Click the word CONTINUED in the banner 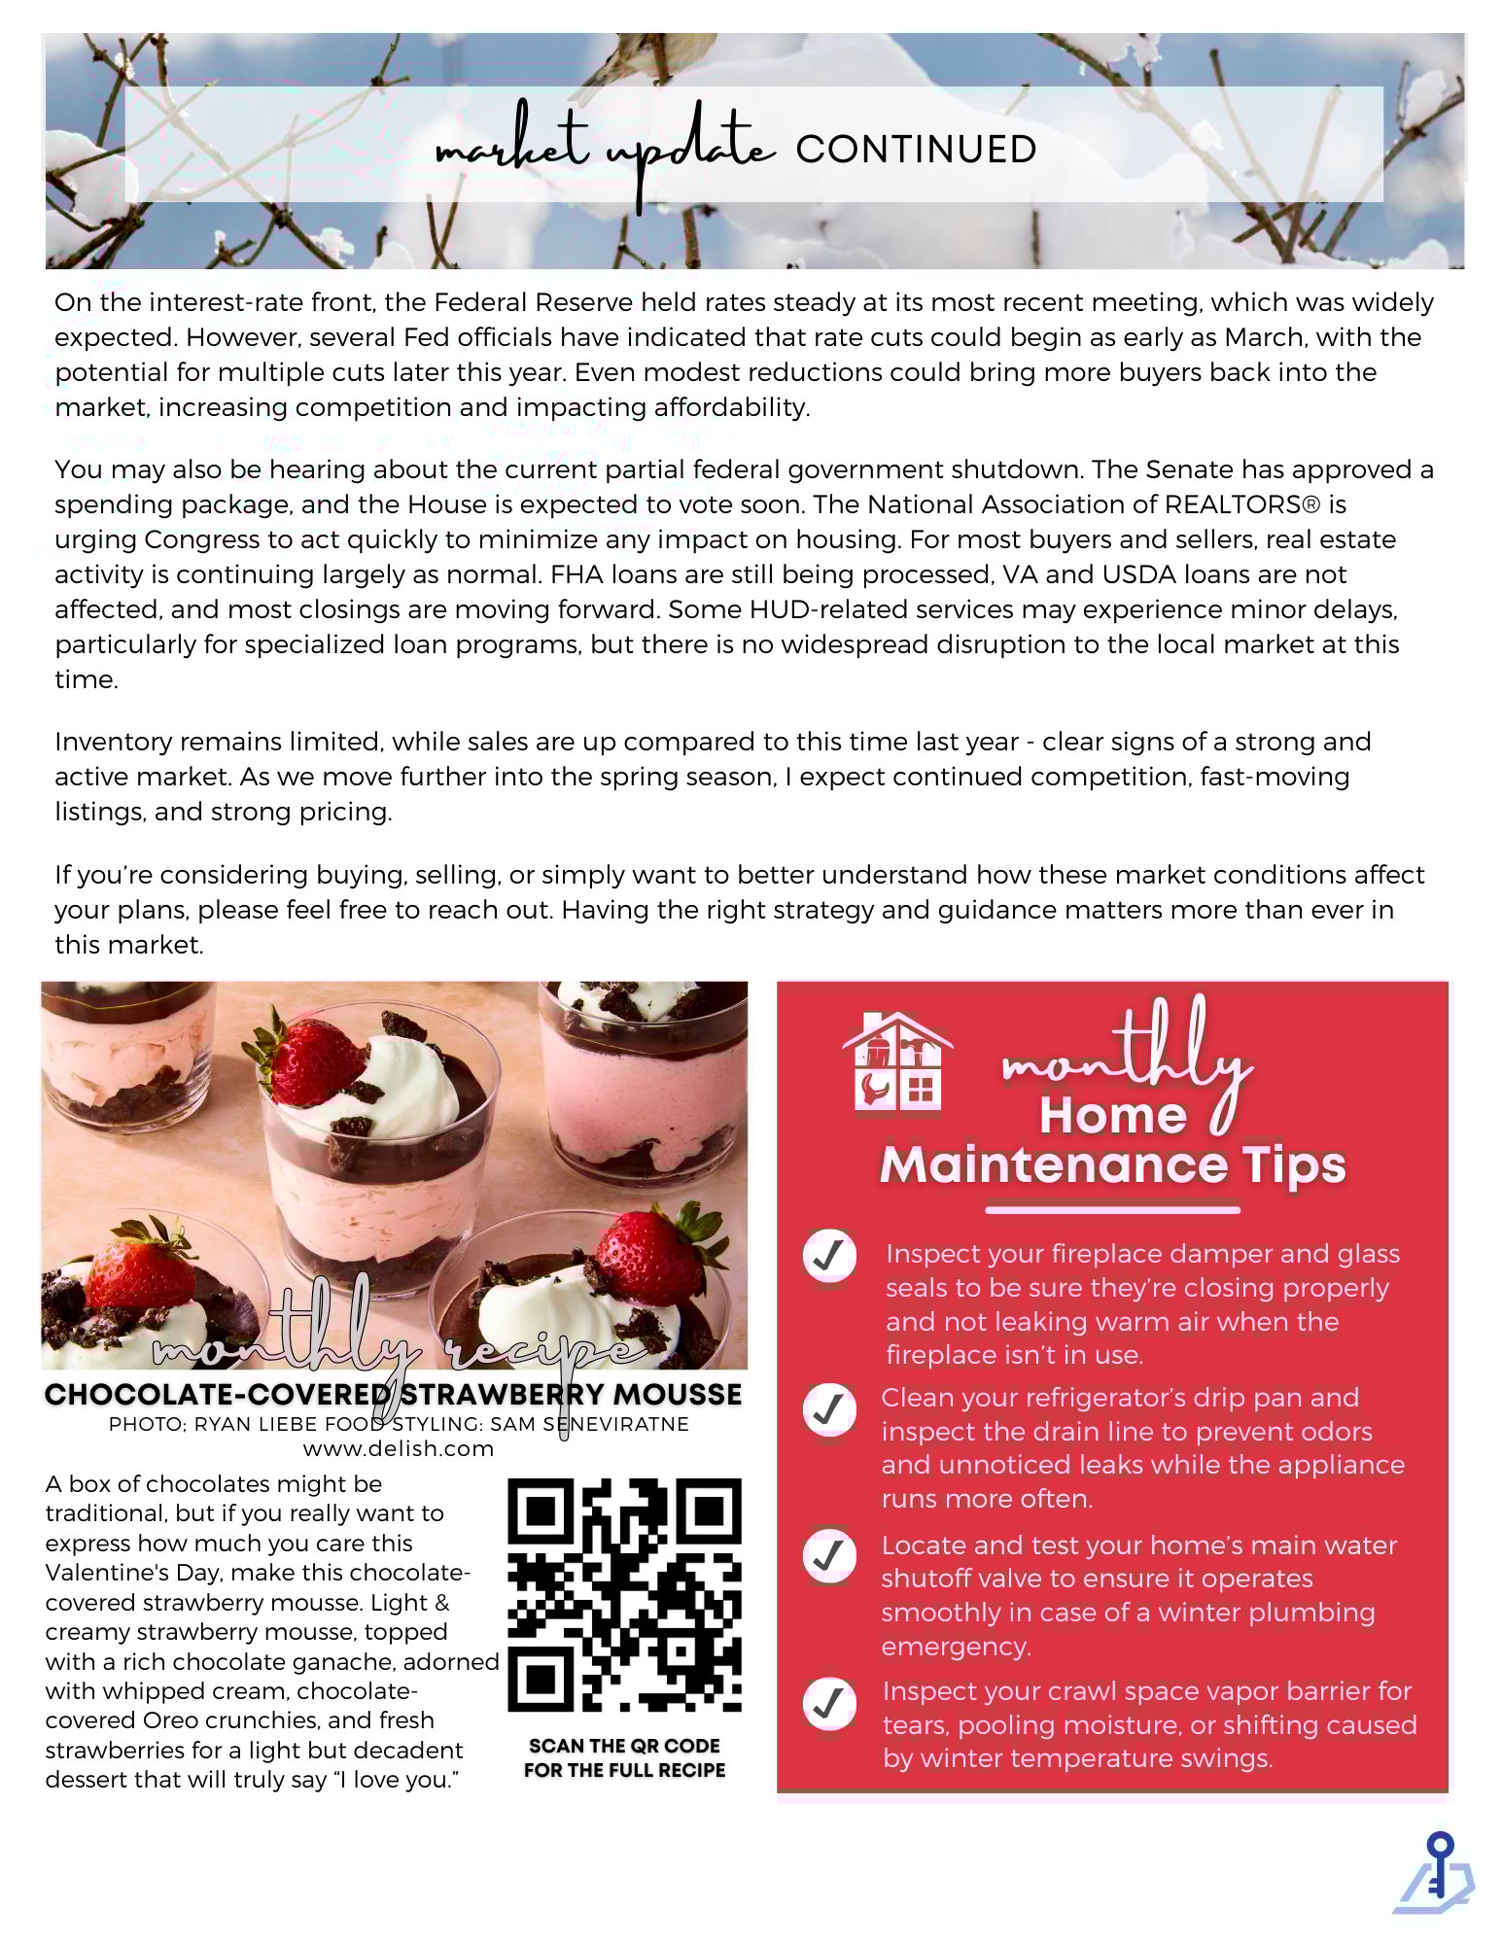point(916,150)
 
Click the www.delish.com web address point(399,1448)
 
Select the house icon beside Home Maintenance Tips point(896,1061)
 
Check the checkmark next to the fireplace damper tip point(829,1256)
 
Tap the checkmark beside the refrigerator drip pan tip point(829,1408)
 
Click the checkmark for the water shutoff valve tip point(829,1555)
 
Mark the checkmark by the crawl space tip point(829,1703)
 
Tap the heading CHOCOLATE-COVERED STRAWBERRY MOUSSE point(393,1395)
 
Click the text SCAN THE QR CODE point(624,1746)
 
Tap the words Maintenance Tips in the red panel point(1112,1165)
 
